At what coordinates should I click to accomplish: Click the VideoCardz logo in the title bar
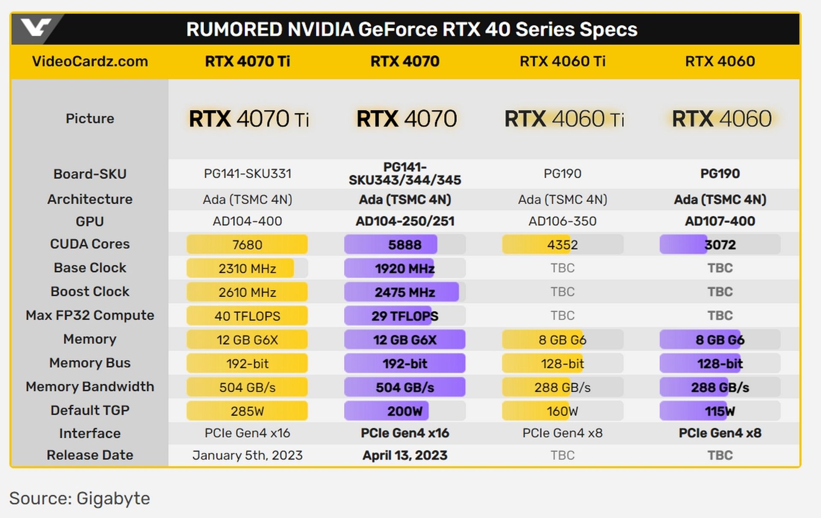36,28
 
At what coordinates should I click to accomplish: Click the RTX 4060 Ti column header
562,61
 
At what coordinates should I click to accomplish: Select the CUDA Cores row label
90,244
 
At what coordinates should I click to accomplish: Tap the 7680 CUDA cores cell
247,245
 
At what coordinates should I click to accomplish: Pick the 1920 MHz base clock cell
405,269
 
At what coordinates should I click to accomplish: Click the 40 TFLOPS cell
247,316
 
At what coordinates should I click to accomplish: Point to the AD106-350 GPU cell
562,221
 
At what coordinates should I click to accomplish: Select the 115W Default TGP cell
720,411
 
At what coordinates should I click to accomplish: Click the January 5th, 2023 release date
247,455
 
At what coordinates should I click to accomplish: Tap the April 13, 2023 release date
405,455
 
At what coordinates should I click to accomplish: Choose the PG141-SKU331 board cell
247,174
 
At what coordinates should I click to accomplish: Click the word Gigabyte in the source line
113,498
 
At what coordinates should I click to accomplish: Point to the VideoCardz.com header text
90,61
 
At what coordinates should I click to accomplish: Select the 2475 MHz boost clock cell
405,292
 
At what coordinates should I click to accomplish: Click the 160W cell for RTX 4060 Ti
562,411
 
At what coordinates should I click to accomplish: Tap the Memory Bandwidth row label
90,387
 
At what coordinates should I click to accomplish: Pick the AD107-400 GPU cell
720,221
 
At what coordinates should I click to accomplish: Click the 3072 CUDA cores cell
720,245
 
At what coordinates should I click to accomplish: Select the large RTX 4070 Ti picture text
249,118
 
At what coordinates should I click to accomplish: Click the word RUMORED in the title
234,30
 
